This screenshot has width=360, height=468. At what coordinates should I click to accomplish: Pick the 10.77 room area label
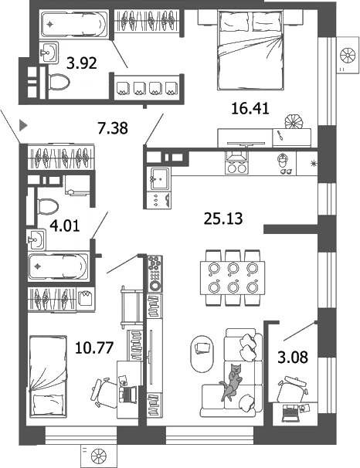tap(95, 347)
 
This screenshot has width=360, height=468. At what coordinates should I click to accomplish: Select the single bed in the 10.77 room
tap(51, 376)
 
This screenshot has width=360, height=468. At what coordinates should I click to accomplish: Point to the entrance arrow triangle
tap(23, 124)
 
